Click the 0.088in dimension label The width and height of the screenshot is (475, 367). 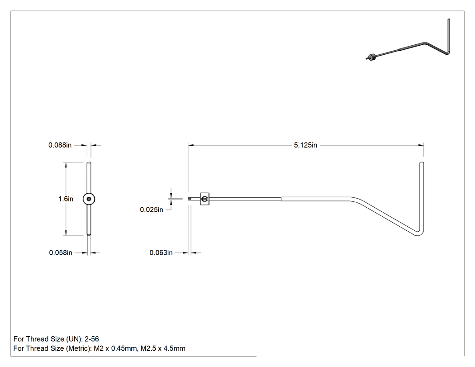point(60,145)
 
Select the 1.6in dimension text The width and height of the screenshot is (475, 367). point(66,199)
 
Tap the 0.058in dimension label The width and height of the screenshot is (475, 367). point(61,253)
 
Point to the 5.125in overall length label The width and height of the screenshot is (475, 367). point(305,145)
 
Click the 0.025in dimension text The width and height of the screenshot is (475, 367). point(152,210)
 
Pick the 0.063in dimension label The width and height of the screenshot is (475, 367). point(161,253)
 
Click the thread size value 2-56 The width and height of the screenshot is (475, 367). point(91,339)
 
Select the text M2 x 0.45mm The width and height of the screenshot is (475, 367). point(115,348)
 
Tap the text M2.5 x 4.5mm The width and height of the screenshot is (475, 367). point(163,348)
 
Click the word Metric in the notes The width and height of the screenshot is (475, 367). point(78,348)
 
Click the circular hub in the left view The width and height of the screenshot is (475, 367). point(89,199)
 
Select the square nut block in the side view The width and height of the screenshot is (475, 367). point(205,199)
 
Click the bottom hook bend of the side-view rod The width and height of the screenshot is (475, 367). point(419,234)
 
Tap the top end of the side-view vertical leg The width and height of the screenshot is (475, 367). point(421,163)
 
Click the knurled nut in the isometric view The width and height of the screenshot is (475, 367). point(373,57)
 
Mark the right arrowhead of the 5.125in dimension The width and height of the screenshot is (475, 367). point(421,145)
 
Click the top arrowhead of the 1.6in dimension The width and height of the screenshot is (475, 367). point(66,165)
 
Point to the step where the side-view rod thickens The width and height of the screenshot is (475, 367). point(281,199)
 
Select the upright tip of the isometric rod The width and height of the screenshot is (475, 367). point(449,20)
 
